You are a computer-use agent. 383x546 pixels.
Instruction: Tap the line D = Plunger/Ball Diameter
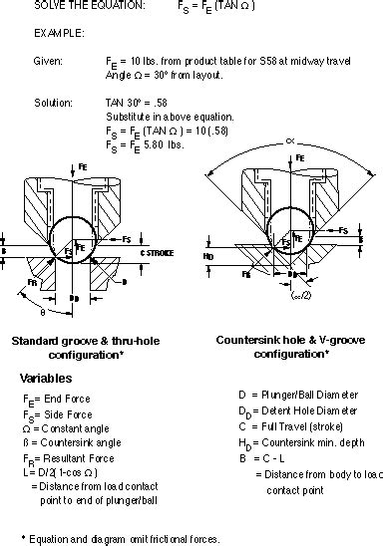289,396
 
